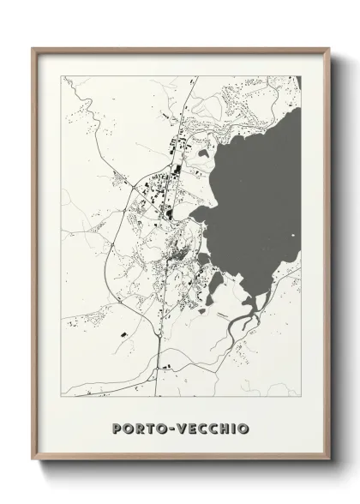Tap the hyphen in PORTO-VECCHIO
(176, 426)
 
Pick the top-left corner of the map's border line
(62, 76)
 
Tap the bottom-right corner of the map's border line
(300, 398)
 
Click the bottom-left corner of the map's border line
(62, 398)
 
